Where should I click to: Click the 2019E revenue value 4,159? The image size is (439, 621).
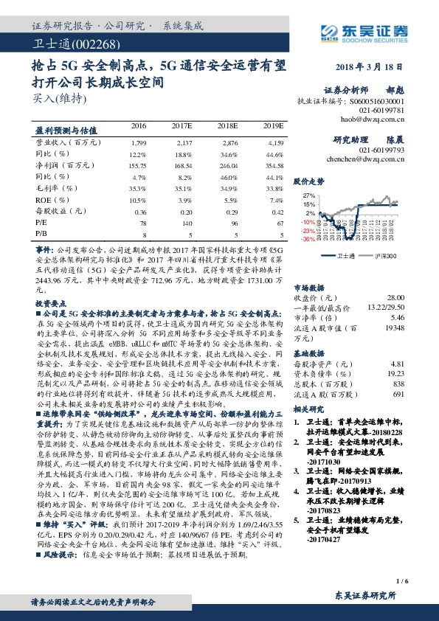point(274,141)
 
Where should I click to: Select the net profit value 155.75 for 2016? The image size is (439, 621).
point(137,166)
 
